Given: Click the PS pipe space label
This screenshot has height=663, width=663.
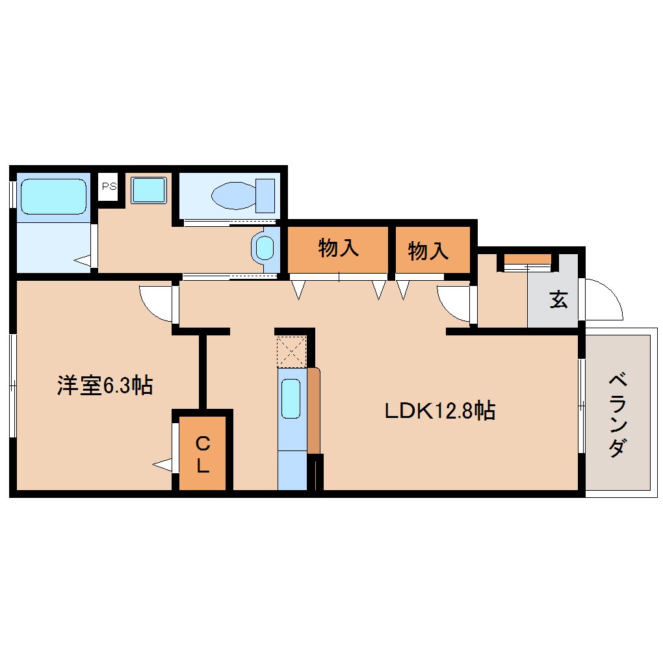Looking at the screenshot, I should point(109,186).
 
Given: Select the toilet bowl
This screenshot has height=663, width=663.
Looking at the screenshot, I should point(233,194).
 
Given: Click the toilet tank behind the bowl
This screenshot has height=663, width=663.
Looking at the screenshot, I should point(265,195).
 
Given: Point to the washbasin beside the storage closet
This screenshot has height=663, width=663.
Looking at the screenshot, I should point(265,248).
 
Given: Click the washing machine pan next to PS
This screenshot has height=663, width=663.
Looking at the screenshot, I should point(149,190).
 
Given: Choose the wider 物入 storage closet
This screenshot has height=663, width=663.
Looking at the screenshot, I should point(338,249).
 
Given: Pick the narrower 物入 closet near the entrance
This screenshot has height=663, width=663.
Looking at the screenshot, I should point(429,250).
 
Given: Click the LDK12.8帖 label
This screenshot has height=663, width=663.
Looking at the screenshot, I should point(439,411).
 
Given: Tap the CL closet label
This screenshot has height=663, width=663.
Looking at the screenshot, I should point(203,455).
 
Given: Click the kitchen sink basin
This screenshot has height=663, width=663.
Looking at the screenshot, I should point(291,398).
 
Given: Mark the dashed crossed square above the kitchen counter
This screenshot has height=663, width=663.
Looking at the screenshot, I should point(291,351).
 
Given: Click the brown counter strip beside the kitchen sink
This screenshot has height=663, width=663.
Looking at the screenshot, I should point(314,409).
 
